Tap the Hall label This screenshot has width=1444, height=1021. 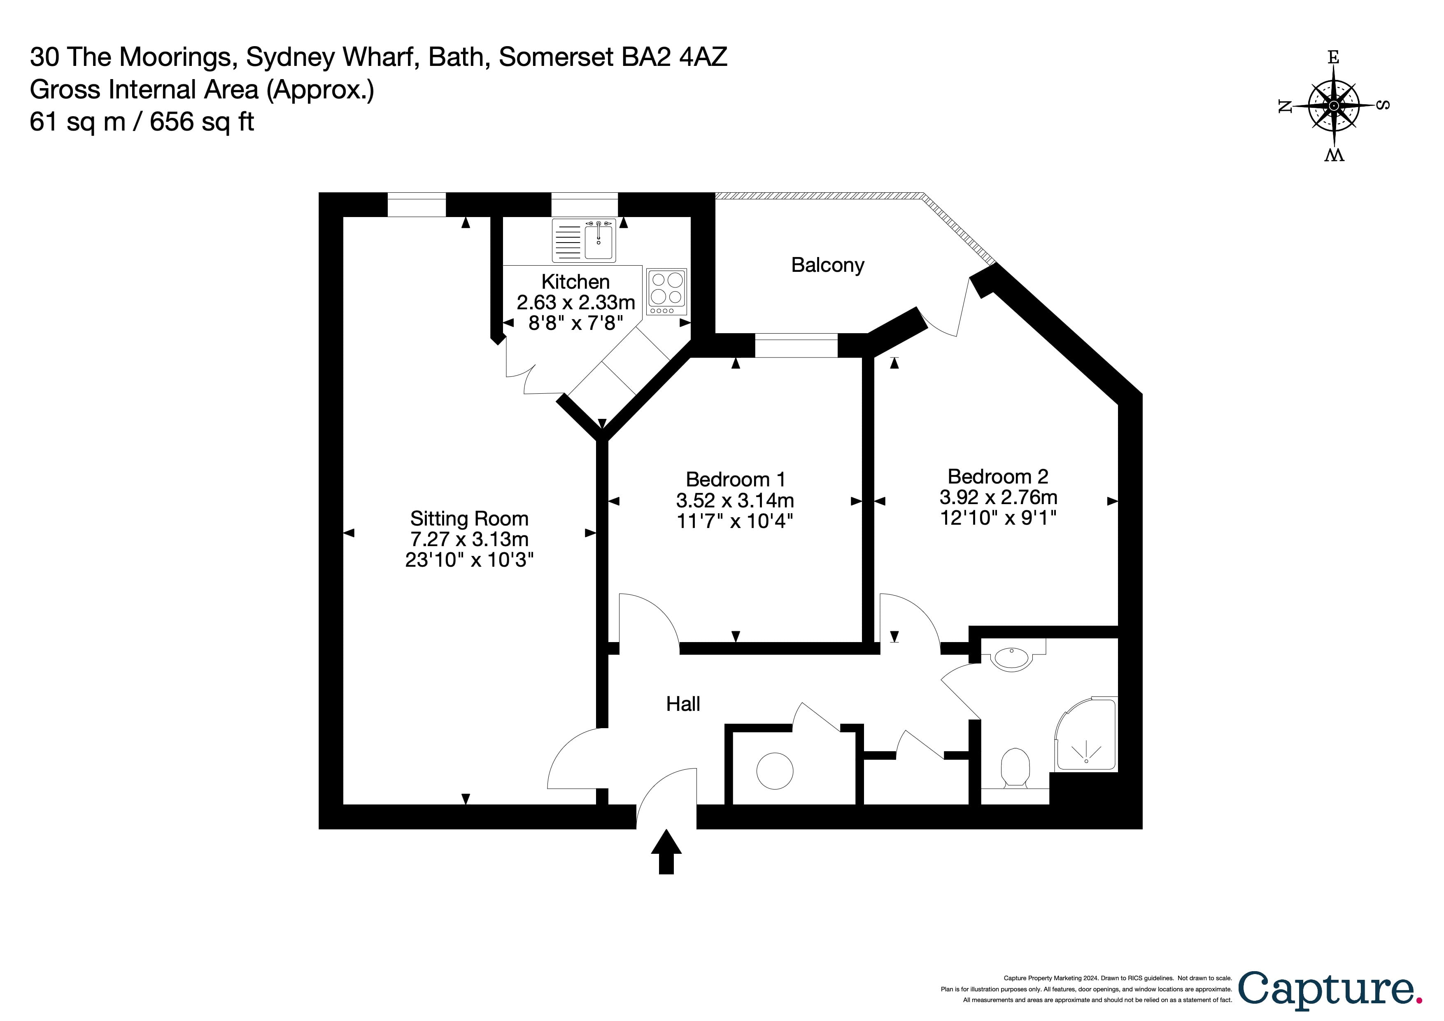click(x=683, y=703)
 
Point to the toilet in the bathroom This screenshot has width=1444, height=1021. click(x=1014, y=766)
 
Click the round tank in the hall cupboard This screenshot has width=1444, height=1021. click(x=774, y=771)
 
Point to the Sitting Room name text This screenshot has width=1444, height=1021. click(x=469, y=519)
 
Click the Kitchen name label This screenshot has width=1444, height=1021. click(x=575, y=281)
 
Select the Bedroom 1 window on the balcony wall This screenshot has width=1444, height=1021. click(x=796, y=346)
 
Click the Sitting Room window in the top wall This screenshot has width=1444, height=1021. click(x=416, y=204)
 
